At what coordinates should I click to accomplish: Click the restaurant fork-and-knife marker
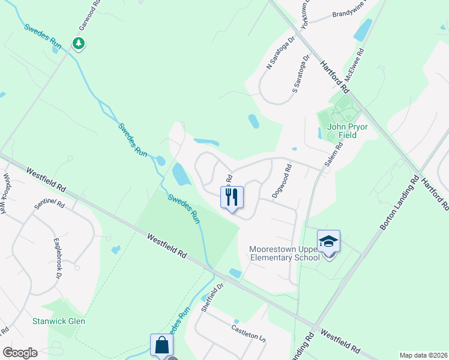(x=232, y=197)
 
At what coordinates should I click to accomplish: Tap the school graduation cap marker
(x=328, y=241)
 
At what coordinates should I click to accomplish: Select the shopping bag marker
(x=161, y=345)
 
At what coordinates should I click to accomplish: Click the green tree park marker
(x=78, y=43)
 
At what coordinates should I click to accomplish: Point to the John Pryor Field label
(x=342, y=131)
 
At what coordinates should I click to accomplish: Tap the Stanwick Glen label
(x=59, y=321)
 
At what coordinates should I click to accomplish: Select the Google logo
(x=20, y=353)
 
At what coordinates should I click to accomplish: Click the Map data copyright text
(x=423, y=355)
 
